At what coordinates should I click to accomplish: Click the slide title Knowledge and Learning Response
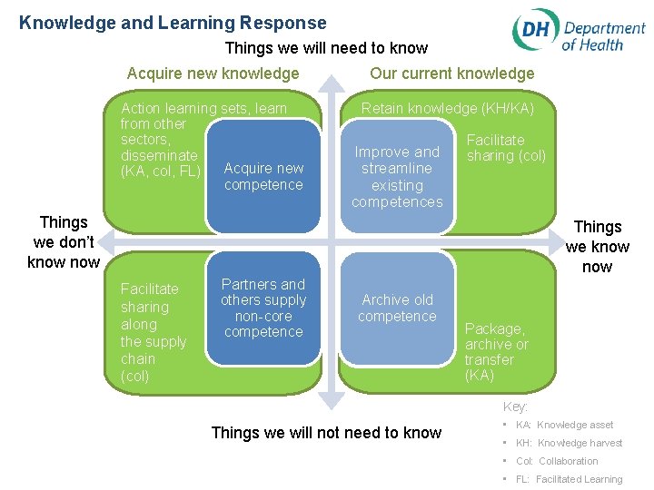tap(173, 23)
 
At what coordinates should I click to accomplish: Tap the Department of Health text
tap(603, 36)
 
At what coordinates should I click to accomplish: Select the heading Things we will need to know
tap(325, 48)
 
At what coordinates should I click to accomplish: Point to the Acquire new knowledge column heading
tap(213, 73)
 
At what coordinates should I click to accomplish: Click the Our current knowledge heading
tap(451, 73)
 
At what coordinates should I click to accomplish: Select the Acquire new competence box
tap(263, 177)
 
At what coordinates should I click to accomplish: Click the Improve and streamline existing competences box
tap(397, 177)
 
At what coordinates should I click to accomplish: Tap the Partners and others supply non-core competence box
tap(263, 309)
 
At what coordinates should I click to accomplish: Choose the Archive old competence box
tap(397, 309)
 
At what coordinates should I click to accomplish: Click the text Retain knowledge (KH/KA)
tap(448, 109)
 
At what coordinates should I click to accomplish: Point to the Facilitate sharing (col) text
tap(506, 148)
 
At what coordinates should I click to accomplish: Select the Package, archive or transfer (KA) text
tap(496, 352)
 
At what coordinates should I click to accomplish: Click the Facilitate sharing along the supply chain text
tap(154, 332)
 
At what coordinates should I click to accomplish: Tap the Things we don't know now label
tap(64, 242)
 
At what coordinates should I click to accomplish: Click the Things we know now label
tap(597, 247)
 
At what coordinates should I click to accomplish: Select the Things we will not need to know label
tap(326, 433)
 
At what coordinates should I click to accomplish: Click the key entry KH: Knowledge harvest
tap(569, 443)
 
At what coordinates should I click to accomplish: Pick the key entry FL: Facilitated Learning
tap(569, 479)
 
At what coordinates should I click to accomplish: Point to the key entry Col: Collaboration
tap(557, 461)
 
